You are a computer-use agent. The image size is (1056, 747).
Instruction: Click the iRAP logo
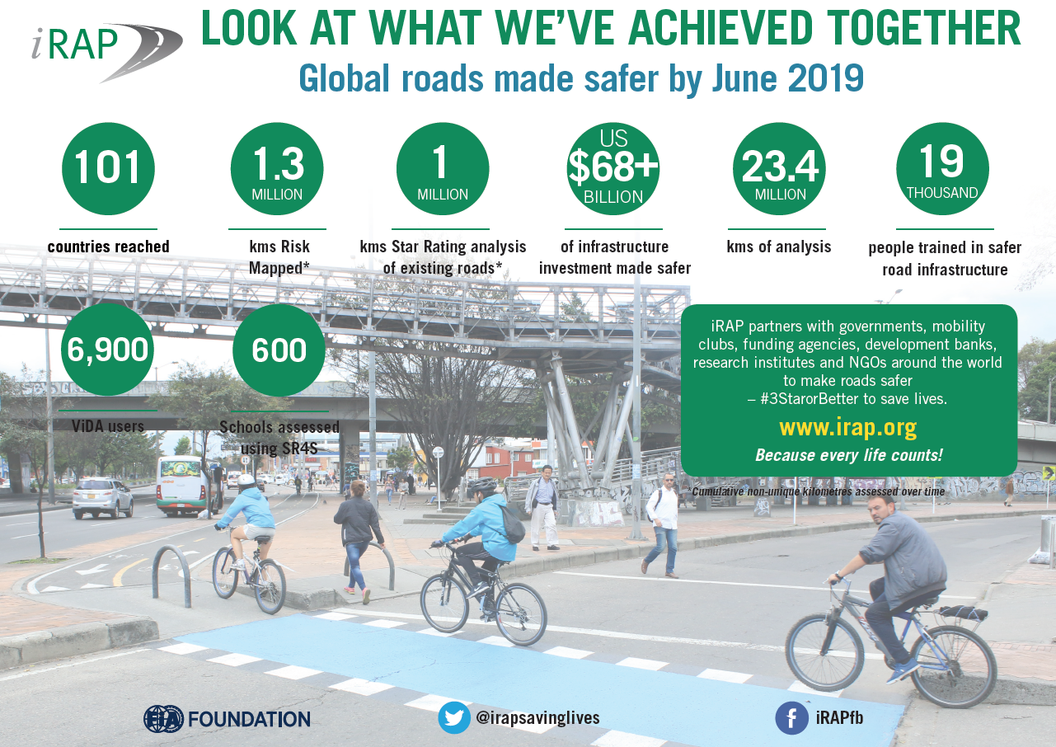click(107, 52)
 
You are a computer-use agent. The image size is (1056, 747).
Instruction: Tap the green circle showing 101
click(109, 169)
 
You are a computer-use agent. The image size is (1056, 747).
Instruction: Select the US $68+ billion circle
click(612, 169)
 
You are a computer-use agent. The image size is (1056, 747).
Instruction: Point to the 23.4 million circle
click(779, 169)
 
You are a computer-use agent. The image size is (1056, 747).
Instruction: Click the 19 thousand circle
click(942, 169)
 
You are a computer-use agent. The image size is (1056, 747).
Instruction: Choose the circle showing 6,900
click(107, 350)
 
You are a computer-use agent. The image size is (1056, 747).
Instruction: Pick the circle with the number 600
click(279, 350)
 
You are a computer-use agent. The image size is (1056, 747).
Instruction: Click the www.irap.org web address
click(848, 428)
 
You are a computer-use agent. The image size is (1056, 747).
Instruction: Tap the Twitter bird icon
click(454, 717)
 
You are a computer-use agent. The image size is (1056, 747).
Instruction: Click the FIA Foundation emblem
click(163, 719)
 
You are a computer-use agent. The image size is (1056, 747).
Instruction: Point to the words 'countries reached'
click(109, 247)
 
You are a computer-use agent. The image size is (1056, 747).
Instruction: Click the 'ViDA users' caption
click(108, 426)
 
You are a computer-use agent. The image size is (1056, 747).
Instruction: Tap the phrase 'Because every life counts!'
click(849, 455)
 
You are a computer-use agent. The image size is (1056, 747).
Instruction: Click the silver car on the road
click(103, 498)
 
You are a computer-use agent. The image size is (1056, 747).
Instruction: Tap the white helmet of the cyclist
click(246, 480)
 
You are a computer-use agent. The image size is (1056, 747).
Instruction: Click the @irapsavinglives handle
click(538, 718)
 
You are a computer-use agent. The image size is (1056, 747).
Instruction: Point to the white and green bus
click(189, 486)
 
